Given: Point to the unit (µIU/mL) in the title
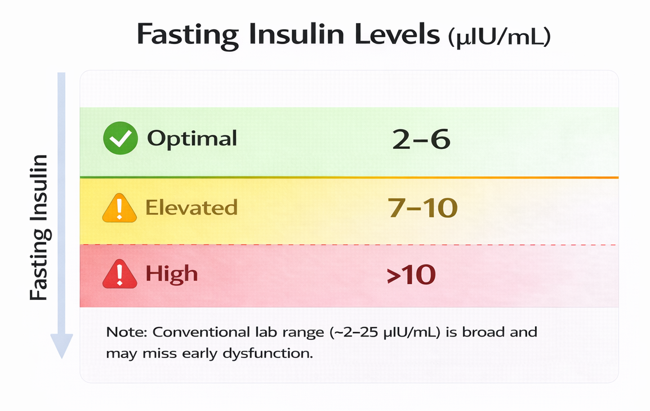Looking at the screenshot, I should [x=498, y=38].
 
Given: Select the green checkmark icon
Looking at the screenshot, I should [x=120, y=139].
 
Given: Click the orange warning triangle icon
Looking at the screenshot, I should [x=119, y=209].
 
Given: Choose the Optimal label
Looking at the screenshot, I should [x=192, y=139].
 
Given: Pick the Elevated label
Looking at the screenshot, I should [x=192, y=207].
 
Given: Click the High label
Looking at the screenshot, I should [x=172, y=274].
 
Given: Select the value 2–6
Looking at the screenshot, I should [x=422, y=140].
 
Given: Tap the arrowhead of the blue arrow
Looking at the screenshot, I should [x=61, y=345].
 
